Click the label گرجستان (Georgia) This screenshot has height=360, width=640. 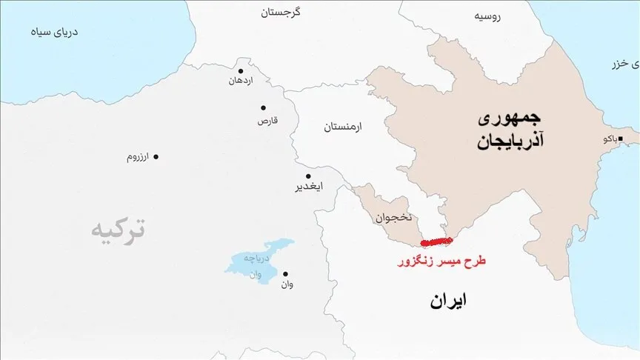pyautogui.click(x=281, y=13)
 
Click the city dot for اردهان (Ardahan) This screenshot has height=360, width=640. pyautogui.click(x=240, y=71)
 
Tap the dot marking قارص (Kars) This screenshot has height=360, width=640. pyautogui.click(x=263, y=107)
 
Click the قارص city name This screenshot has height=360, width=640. pyautogui.click(x=267, y=119)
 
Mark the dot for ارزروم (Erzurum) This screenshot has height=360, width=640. pyautogui.click(x=156, y=156)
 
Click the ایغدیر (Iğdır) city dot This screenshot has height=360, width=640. pyautogui.click(x=308, y=176)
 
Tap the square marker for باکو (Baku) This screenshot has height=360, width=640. pyautogui.click(x=621, y=139)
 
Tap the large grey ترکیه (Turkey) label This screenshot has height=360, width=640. pyautogui.click(x=118, y=230)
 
